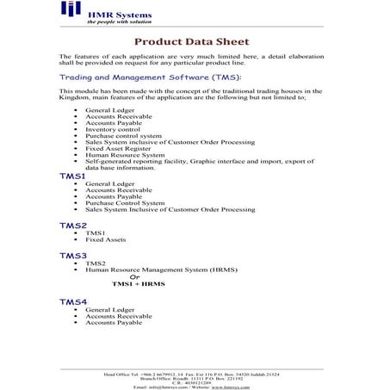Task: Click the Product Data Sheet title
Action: [x=192, y=41]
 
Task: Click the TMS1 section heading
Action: [x=72, y=175]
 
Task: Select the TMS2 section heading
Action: [x=72, y=225]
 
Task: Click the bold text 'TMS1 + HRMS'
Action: [x=138, y=283]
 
